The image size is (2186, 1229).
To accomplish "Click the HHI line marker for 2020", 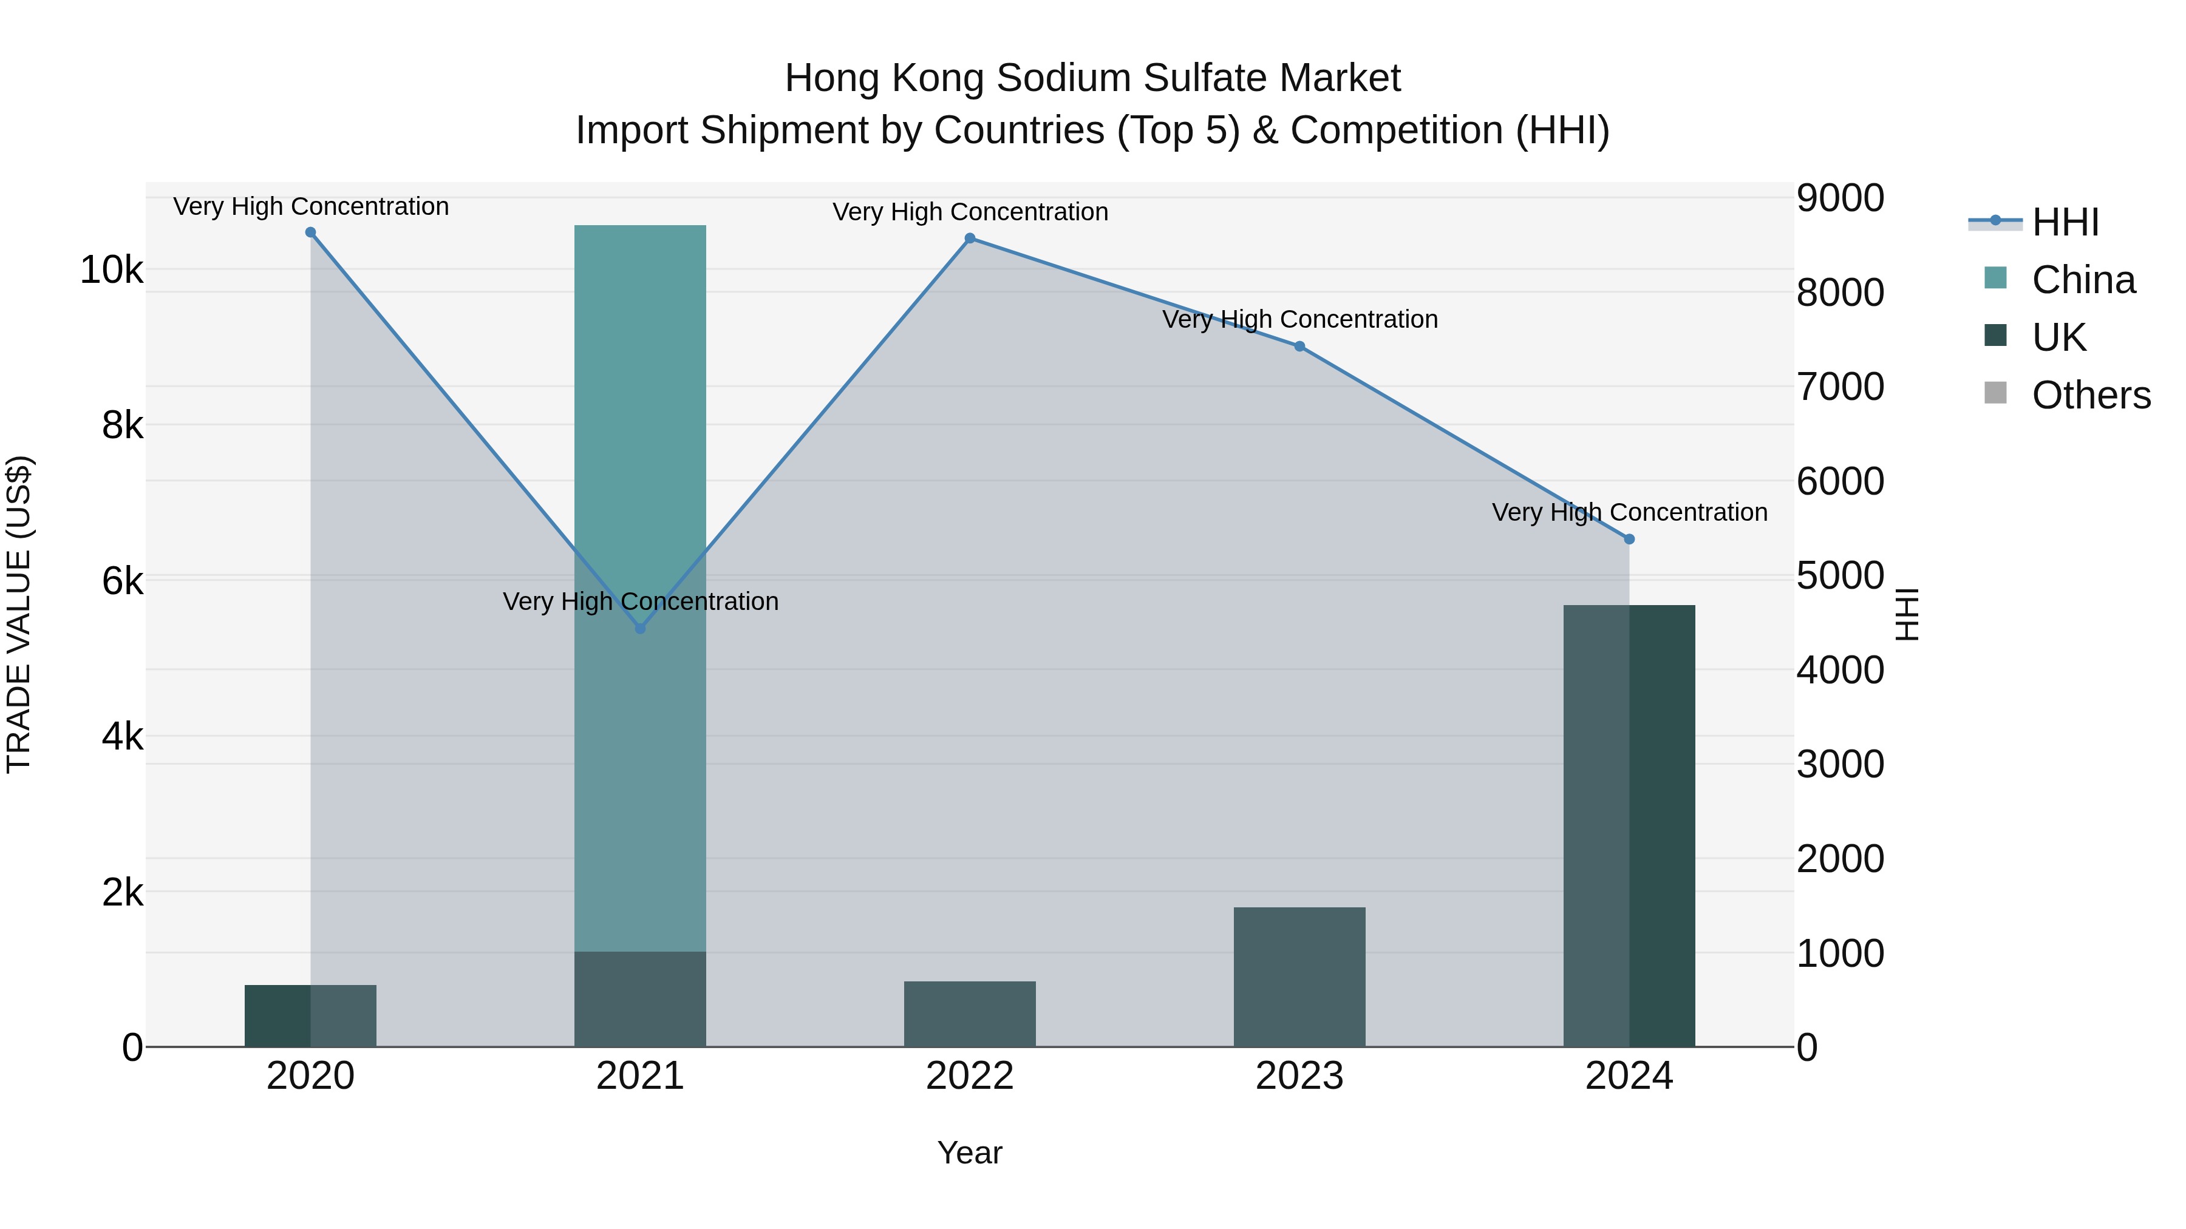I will [x=310, y=232].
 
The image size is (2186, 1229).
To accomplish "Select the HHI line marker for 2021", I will [x=641, y=629].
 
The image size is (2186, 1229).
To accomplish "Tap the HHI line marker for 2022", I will [x=970, y=239].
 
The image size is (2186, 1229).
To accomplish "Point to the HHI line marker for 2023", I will [x=1299, y=346].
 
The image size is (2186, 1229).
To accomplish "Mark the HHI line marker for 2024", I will [x=1629, y=538].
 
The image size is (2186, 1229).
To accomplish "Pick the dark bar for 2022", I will [x=970, y=1014].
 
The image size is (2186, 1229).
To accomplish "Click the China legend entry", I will [x=2083, y=280].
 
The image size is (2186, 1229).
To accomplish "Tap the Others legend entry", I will [x=2090, y=395].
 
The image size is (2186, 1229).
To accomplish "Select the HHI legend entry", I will [x=2065, y=222].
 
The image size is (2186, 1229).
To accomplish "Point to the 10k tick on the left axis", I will [x=111, y=271].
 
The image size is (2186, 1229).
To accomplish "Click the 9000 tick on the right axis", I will [x=1840, y=198].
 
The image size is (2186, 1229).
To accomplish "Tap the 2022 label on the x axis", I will [x=970, y=1076].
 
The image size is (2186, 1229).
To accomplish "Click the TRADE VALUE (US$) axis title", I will [x=19, y=614].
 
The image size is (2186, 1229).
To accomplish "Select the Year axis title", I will [x=970, y=1153].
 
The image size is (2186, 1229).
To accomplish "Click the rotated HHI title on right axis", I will [x=1907, y=614].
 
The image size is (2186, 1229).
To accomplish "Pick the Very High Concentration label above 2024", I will [x=1629, y=512].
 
